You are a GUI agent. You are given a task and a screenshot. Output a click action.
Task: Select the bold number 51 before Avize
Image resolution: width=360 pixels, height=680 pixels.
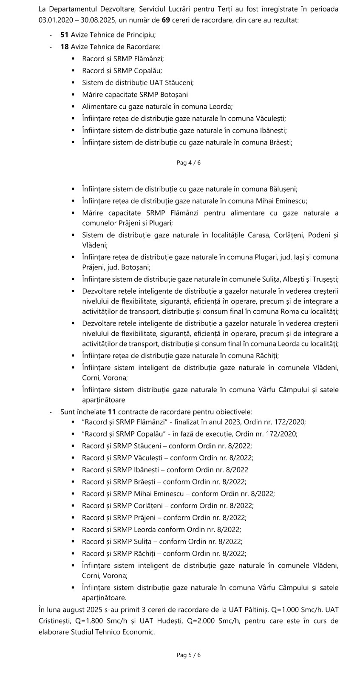click(x=65, y=35)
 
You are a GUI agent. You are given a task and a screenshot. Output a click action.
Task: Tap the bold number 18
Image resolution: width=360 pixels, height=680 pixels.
click(x=65, y=47)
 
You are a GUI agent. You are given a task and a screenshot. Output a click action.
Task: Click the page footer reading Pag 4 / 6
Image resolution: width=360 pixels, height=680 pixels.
click(x=189, y=163)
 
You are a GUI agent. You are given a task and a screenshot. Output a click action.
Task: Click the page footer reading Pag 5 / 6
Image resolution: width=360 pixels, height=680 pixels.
click(x=189, y=655)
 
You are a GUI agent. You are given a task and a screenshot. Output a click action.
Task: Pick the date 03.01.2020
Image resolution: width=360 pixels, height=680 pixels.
click(x=54, y=20)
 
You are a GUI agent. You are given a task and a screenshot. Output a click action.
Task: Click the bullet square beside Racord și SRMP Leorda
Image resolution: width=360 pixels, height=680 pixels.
click(x=74, y=530)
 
